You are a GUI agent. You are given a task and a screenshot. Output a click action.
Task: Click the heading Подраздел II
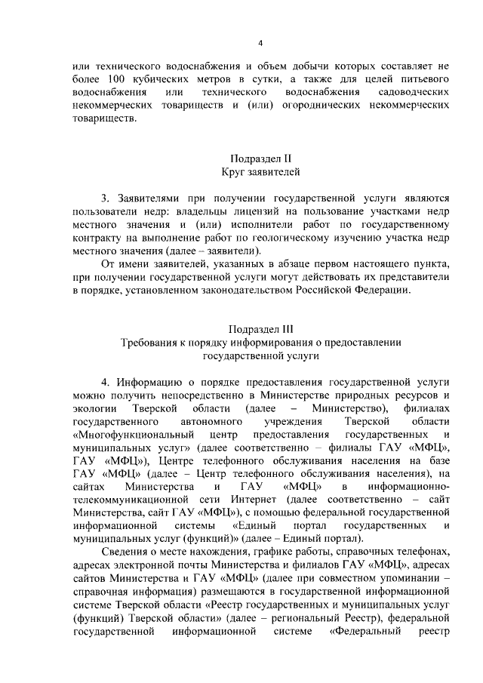260,158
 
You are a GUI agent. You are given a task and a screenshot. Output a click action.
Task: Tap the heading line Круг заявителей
260,173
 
